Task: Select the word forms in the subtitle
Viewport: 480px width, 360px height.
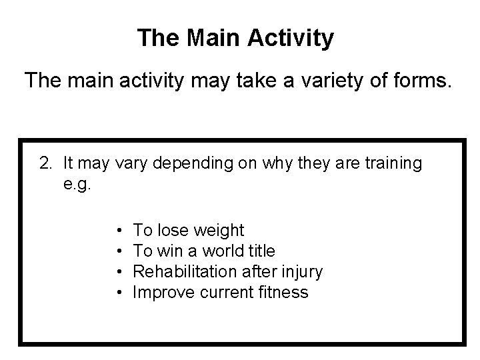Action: point(421,81)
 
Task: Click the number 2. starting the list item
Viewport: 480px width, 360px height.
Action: point(46,163)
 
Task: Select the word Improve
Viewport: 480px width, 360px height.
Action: point(159,293)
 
